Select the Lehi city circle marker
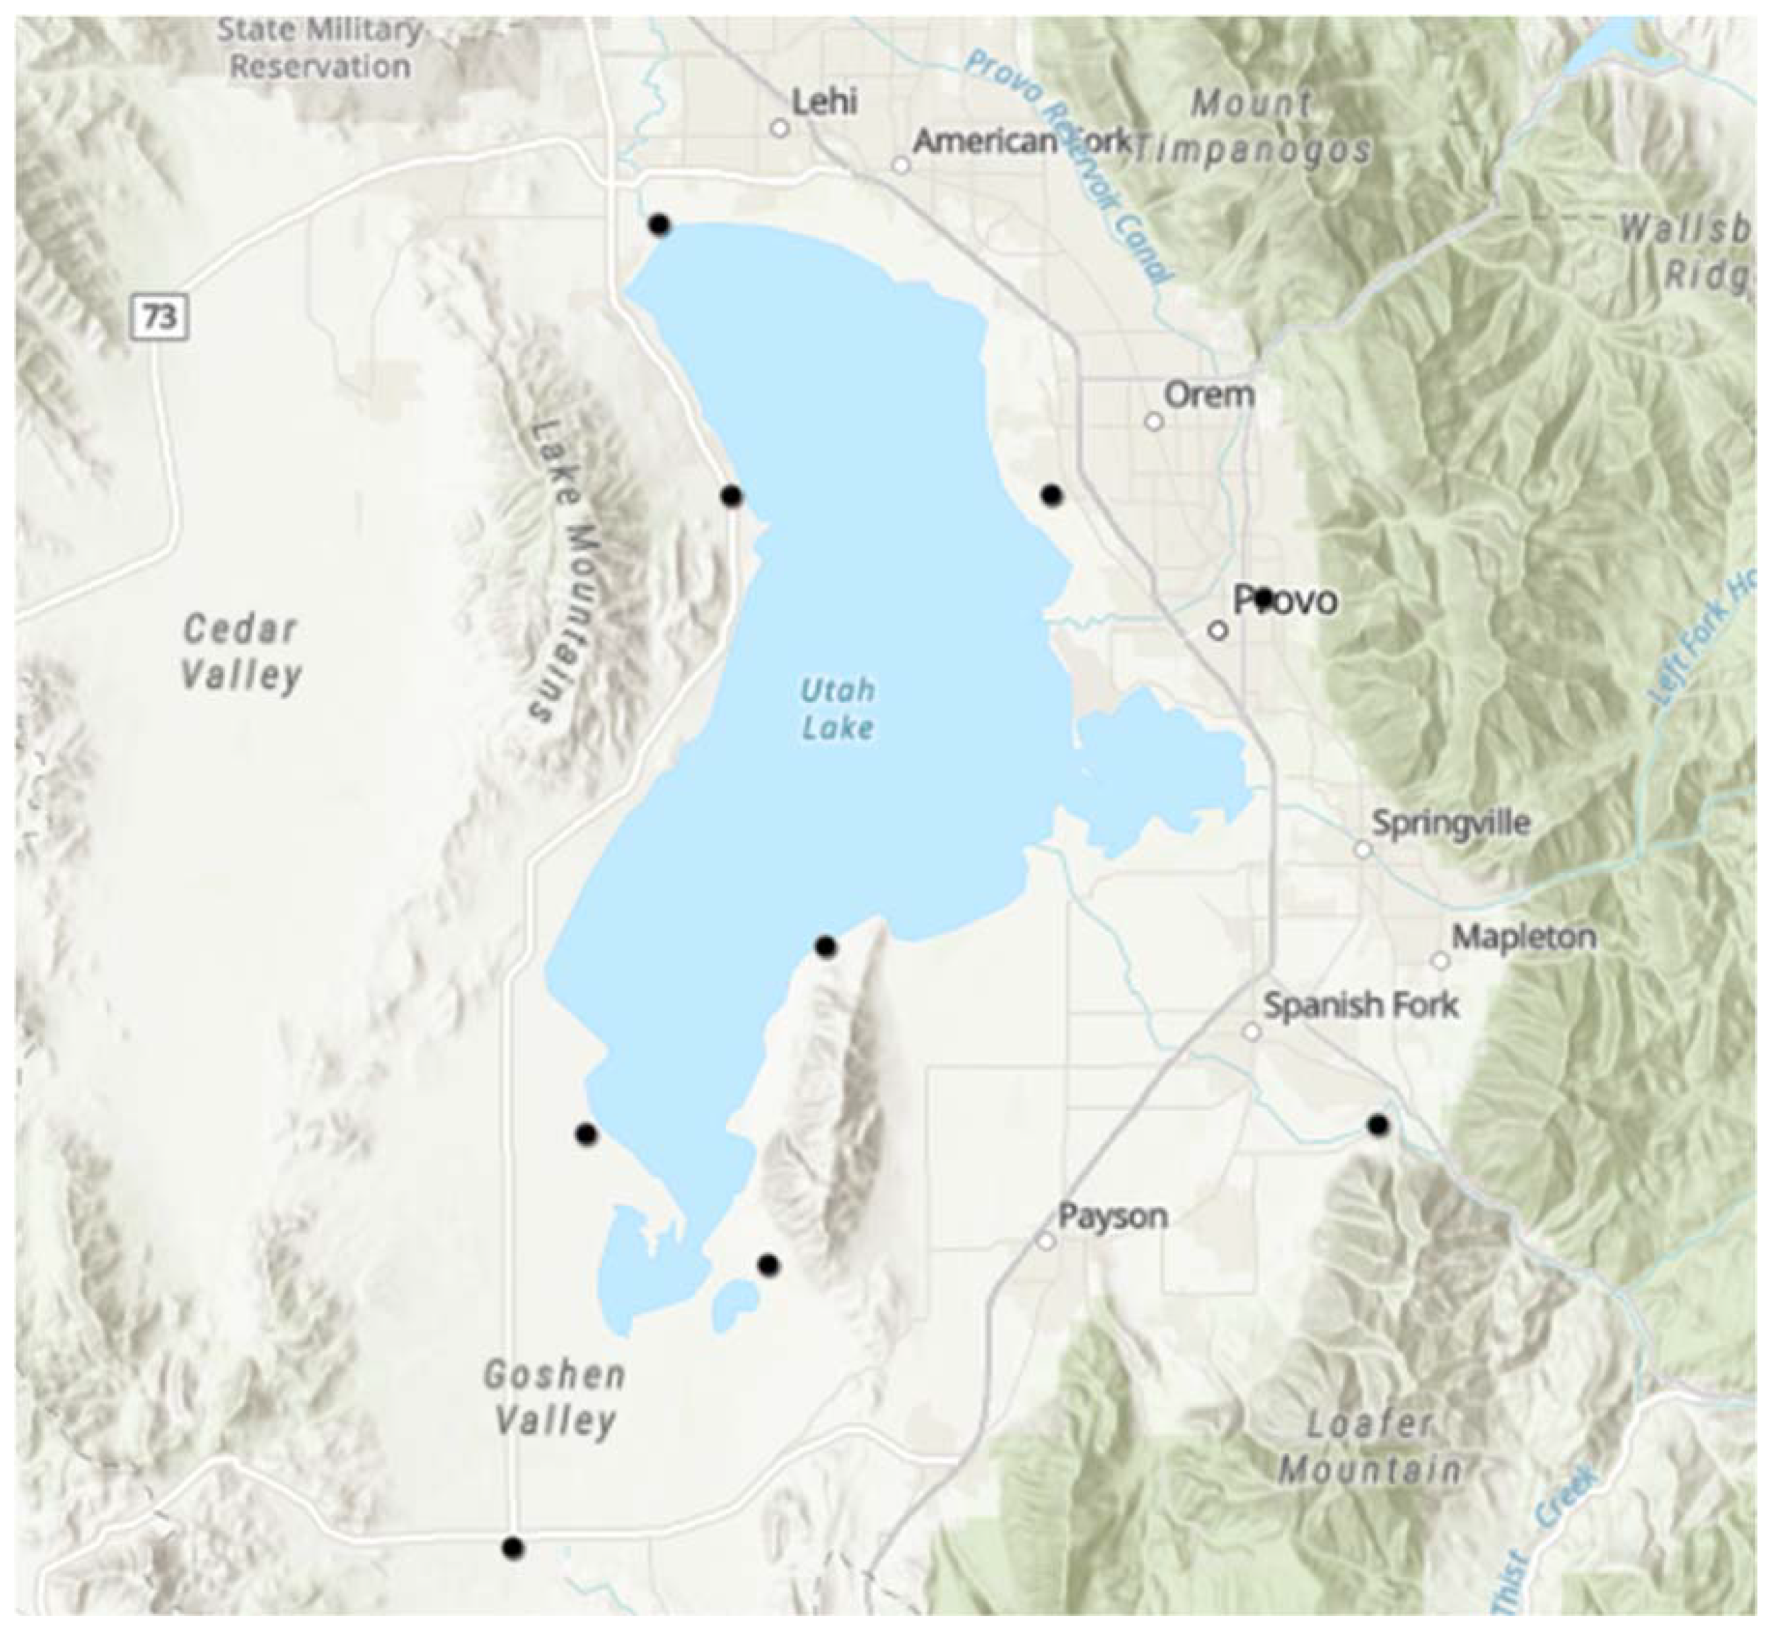[779, 129]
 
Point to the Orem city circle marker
[1153, 422]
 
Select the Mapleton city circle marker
[1441, 961]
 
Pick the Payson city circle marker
[1045, 1241]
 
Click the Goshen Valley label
[555, 1397]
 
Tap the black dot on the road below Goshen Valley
[513, 1572]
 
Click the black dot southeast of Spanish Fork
[1378, 1125]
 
